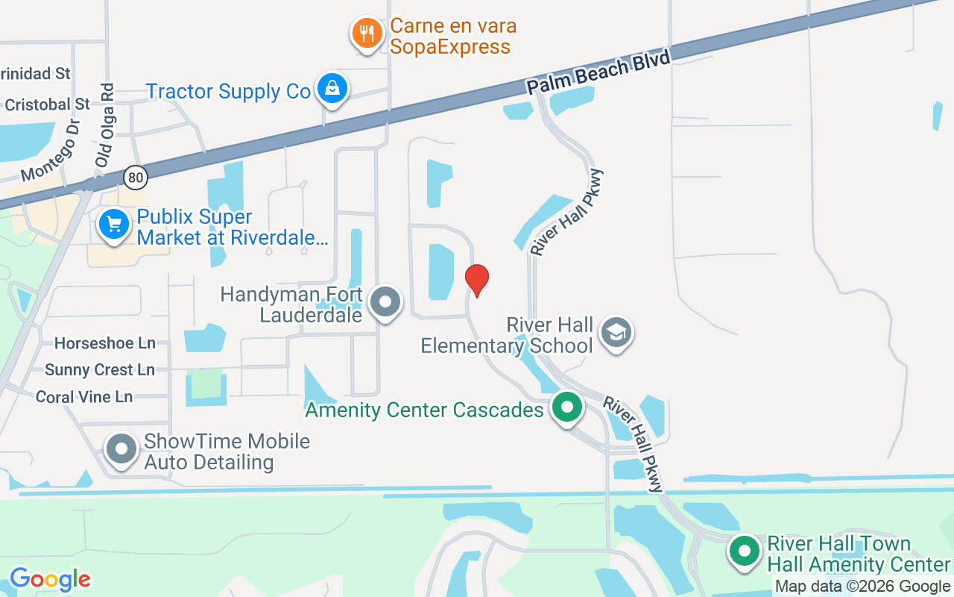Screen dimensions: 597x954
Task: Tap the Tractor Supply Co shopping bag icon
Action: (332, 88)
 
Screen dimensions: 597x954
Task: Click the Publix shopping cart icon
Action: (114, 223)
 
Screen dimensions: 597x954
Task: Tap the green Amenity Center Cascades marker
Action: (567, 407)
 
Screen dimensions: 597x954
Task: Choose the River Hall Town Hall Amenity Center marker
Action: (744, 551)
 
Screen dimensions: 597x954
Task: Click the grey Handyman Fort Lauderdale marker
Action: (385, 302)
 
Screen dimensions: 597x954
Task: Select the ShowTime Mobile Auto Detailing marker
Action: (121, 449)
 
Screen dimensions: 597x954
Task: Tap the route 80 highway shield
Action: (136, 177)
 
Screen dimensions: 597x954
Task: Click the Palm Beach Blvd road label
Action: (599, 72)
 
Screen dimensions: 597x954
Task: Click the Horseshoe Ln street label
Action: (105, 343)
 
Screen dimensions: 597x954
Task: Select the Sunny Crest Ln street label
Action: (100, 370)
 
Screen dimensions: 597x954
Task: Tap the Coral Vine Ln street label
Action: (84, 397)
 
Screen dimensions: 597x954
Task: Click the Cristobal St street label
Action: (47, 104)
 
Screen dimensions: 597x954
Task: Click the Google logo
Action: (51, 579)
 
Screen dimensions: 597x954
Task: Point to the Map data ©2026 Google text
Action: (862, 587)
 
